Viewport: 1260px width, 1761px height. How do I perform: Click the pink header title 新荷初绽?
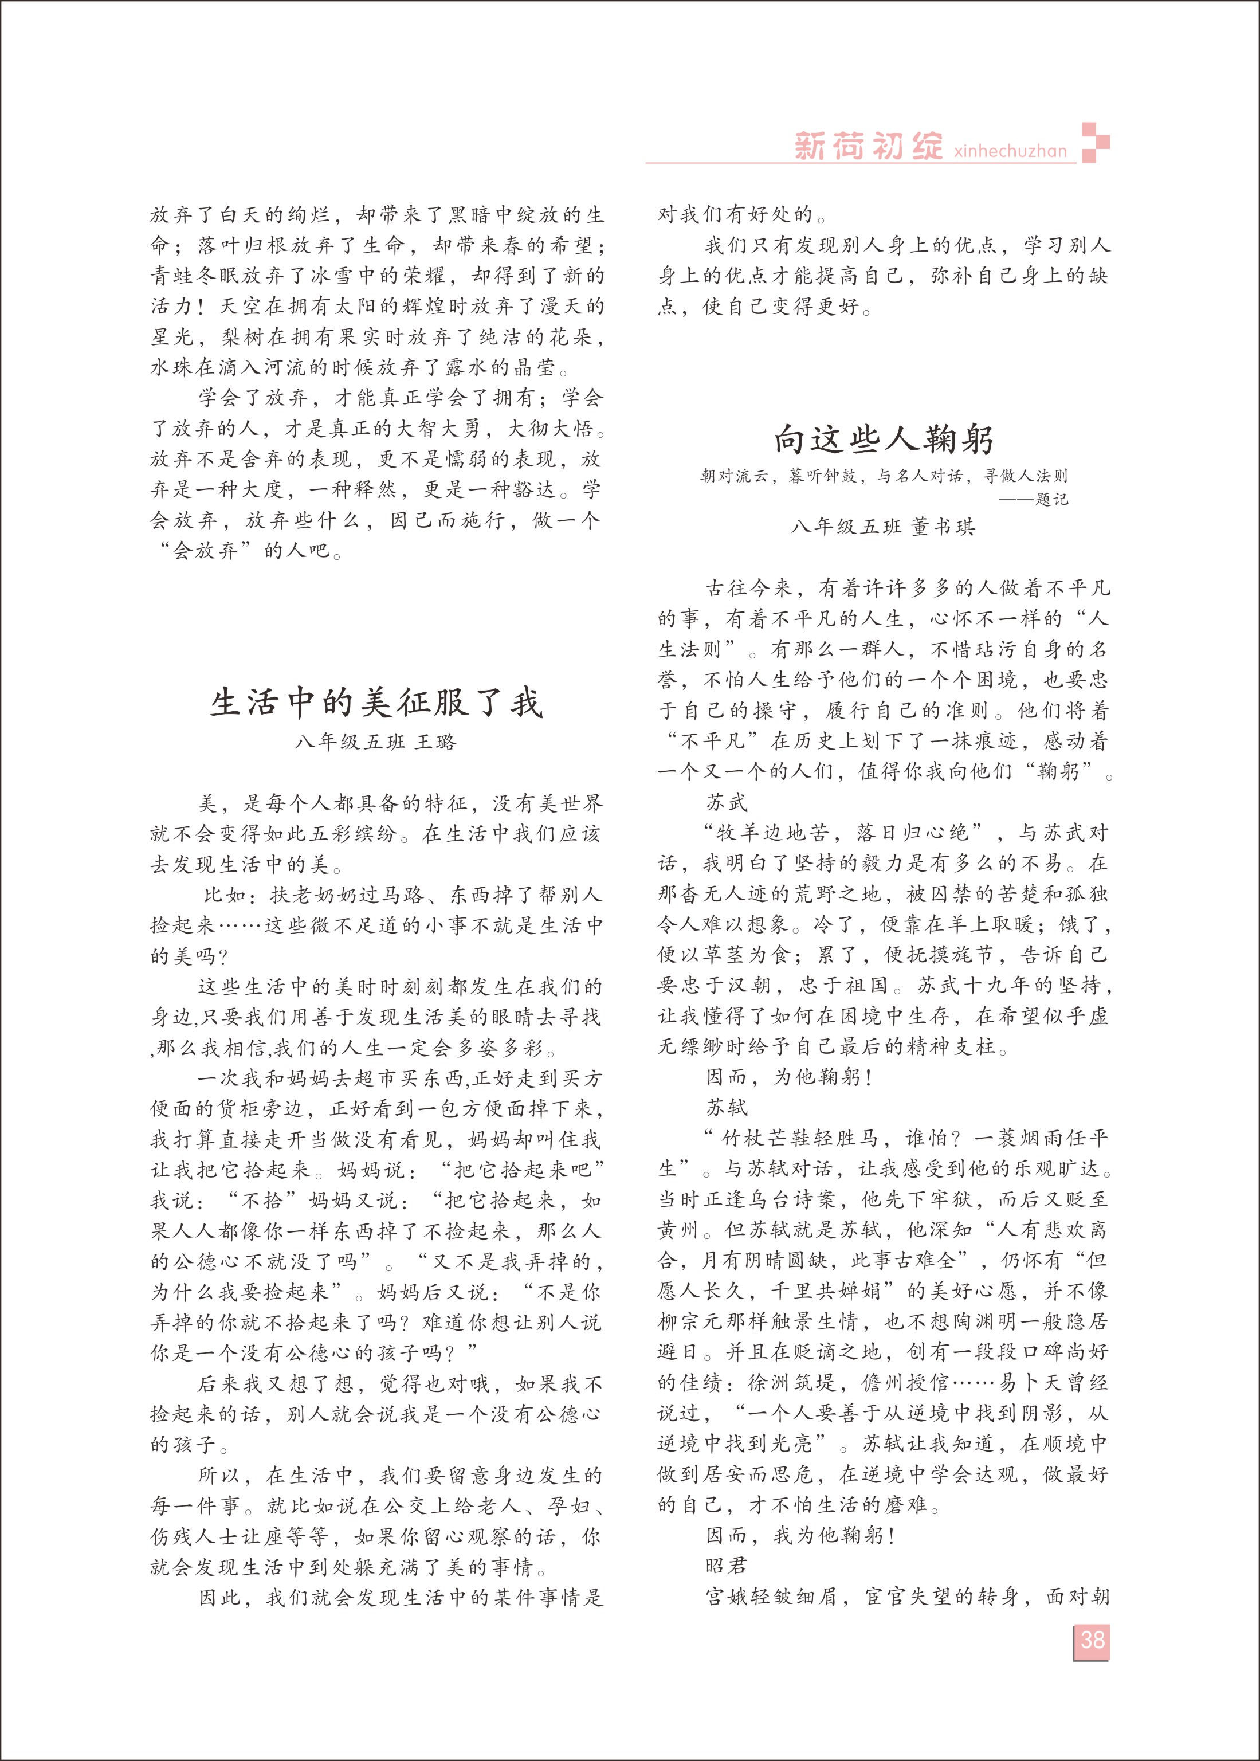[868, 146]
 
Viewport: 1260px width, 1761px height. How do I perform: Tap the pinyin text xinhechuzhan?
[1010, 151]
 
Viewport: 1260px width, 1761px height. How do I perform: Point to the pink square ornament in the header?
[1095, 143]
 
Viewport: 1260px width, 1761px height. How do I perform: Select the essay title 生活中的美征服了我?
[376, 703]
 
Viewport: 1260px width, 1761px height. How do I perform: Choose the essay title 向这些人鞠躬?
[884, 440]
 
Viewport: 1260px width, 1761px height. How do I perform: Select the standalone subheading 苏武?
[727, 802]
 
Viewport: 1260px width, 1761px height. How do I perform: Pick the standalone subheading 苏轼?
[727, 1107]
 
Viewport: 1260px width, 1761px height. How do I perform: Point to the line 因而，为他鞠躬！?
[789, 1077]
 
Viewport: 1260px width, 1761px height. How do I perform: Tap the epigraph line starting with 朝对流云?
[884, 476]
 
